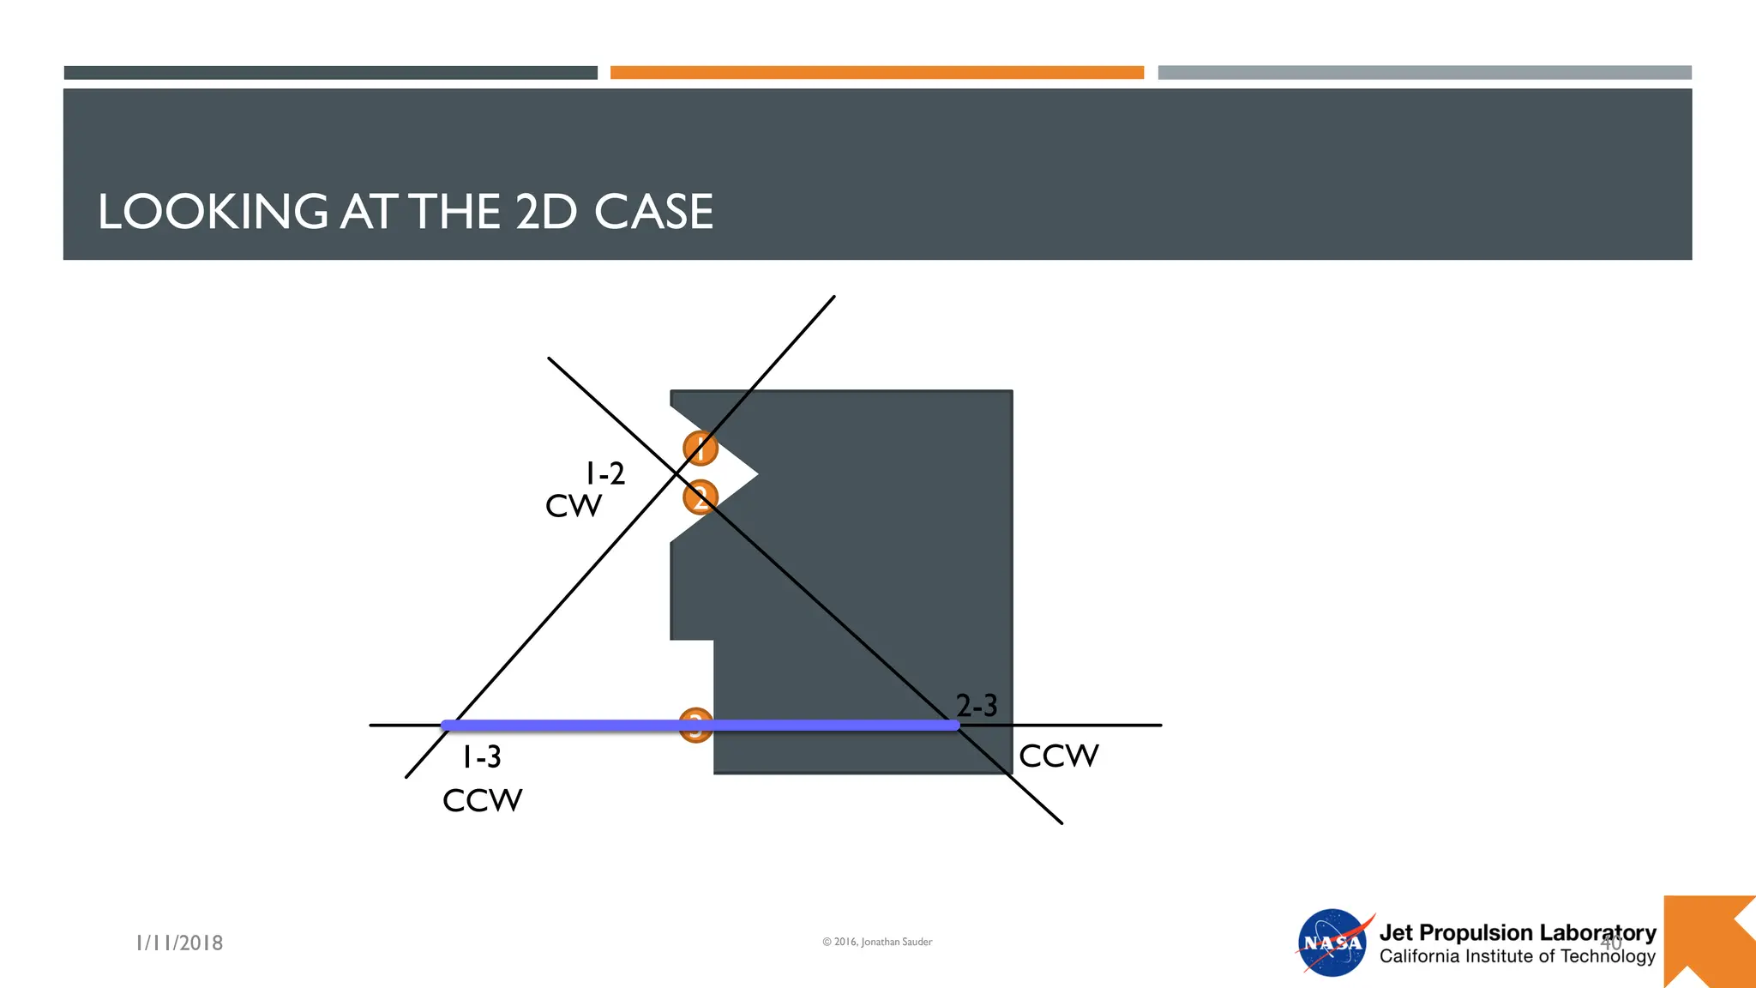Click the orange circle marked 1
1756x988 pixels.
click(700, 448)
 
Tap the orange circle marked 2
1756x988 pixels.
click(700, 497)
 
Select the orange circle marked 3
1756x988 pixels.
click(695, 726)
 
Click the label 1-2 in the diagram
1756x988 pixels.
click(604, 473)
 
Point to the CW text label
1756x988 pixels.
click(574, 506)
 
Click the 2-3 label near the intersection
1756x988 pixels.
click(977, 706)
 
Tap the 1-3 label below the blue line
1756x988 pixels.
click(482, 756)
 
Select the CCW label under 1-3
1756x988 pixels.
click(482, 800)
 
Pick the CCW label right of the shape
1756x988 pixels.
click(1058, 756)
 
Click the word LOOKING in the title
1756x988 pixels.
click(213, 212)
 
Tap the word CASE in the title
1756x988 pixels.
click(653, 212)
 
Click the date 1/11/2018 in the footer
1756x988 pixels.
click(179, 943)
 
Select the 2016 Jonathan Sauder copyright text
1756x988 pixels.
click(877, 942)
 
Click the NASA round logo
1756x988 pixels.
click(1332, 943)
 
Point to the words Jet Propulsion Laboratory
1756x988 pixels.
click(1517, 932)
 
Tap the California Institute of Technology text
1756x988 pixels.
click(1517, 956)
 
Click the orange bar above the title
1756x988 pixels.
click(876, 73)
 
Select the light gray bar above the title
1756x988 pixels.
click(1424, 73)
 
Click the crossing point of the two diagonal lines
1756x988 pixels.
click(677, 473)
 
